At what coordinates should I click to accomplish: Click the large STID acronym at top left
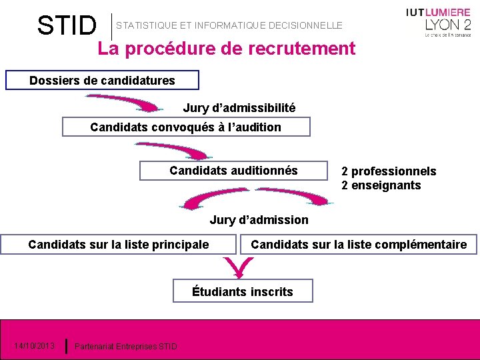67,26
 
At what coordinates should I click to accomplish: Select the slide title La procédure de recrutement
226,49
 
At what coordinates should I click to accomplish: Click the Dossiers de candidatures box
102,81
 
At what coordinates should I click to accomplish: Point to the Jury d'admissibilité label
239,108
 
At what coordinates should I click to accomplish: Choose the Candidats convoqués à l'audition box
185,127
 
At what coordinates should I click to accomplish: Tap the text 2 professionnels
389,171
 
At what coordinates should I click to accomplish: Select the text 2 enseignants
381,185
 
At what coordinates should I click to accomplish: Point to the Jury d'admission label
259,220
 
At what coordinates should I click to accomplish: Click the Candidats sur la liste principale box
119,245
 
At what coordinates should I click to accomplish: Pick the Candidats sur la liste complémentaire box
359,245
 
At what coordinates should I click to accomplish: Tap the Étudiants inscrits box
243,291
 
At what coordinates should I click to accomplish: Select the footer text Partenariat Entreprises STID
126,346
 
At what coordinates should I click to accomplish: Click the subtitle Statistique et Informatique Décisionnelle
229,25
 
